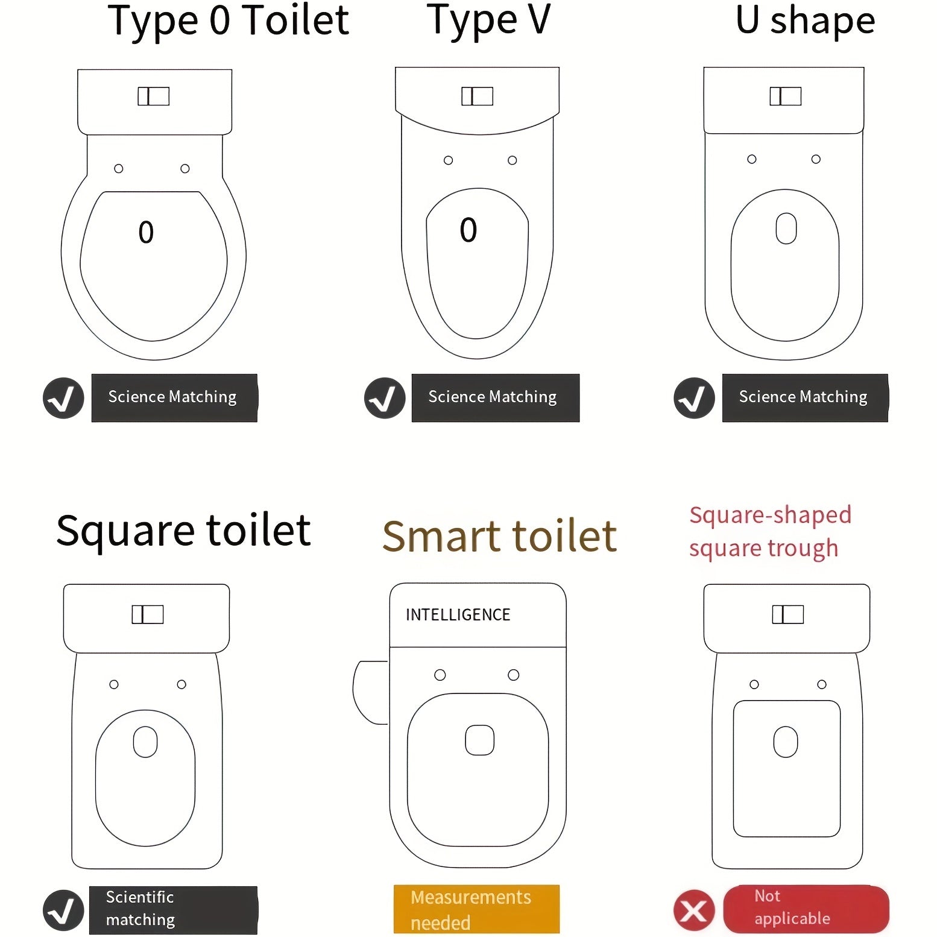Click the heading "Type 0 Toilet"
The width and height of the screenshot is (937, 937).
(x=228, y=21)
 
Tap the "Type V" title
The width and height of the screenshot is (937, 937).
(x=489, y=21)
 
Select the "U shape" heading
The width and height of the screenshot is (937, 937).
(x=806, y=21)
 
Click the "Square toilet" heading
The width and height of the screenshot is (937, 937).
(x=183, y=531)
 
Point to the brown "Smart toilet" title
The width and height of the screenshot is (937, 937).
(x=500, y=536)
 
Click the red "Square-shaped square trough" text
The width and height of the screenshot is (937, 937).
(x=770, y=532)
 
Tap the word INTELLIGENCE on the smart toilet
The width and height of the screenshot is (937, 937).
(x=458, y=614)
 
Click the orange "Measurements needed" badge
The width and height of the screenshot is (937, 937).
(x=476, y=909)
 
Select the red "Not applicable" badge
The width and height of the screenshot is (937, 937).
(x=806, y=909)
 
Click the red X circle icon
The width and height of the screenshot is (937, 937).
(x=694, y=910)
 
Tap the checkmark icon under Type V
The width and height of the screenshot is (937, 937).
(x=385, y=398)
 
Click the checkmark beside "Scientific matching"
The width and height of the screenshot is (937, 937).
(x=63, y=910)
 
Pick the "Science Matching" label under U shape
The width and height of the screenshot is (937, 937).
(x=805, y=397)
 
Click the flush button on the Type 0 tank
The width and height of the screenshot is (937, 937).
(x=153, y=96)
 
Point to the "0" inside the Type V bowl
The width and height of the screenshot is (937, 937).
(x=468, y=230)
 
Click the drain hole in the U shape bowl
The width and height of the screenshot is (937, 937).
(x=786, y=229)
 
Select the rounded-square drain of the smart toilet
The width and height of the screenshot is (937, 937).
(x=480, y=740)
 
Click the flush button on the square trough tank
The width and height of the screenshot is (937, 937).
(x=788, y=614)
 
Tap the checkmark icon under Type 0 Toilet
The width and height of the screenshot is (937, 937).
(x=63, y=398)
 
